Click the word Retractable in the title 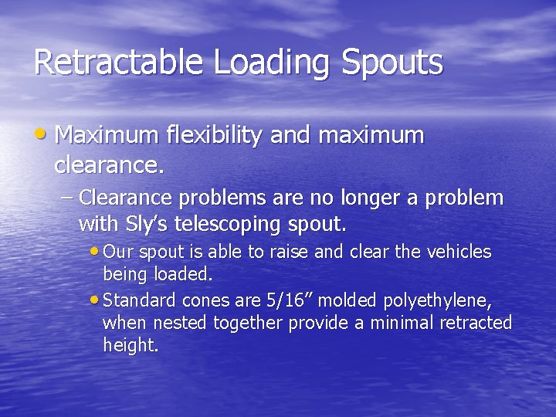coord(120,63)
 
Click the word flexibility coord(213,136)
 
